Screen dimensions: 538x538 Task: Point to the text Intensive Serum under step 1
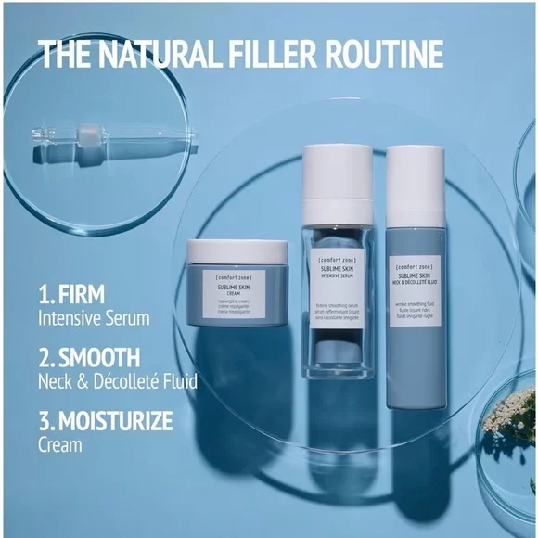point(95,317)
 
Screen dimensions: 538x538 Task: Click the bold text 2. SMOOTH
point(89,358)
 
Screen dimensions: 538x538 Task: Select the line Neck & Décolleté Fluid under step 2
point(117,379)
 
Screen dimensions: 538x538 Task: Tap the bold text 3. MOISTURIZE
point(105,422)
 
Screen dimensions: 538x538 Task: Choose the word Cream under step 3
point(59,444)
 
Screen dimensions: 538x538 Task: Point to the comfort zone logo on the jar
point(227,278)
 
